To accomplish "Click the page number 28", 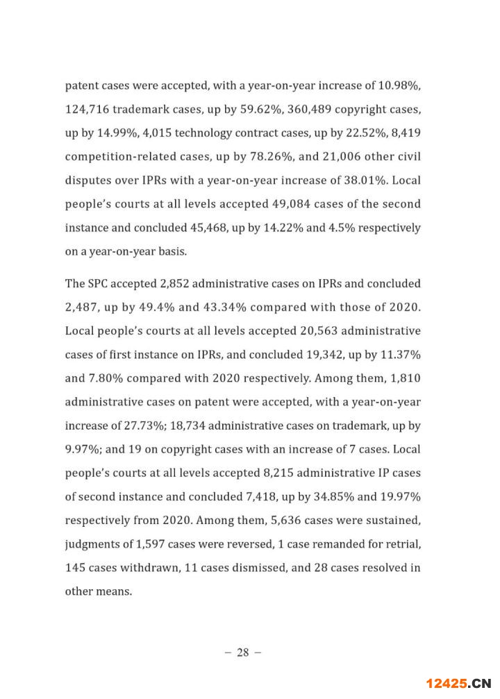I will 242,652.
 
